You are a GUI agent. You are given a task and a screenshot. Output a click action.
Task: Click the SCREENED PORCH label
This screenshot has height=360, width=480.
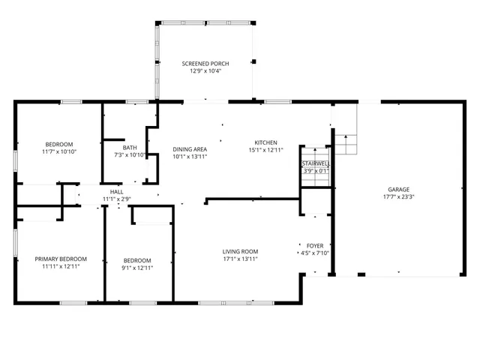pos(205,64)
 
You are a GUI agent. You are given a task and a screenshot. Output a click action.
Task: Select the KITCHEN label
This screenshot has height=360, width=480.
pos(265,142)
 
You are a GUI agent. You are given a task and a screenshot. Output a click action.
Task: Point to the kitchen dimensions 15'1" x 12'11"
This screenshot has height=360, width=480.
pos(265,150)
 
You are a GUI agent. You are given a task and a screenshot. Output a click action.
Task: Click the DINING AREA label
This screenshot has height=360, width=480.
pos(190,149)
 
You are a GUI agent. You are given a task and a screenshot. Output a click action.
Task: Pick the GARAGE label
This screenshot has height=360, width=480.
pos(398,190)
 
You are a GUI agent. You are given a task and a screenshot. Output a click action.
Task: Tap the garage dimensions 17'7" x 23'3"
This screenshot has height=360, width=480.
pos(398,198)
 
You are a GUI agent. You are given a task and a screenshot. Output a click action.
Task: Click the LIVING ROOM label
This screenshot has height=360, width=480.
pos(240,251)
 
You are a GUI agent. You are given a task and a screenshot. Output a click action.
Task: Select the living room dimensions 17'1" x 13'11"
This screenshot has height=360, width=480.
pos(240,259)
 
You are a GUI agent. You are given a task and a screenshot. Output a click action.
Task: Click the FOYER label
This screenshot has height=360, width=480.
pos(315,245)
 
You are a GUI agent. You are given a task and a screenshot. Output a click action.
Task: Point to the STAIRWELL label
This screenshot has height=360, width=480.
pos(315,163)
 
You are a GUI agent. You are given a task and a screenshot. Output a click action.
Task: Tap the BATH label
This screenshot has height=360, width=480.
pos(130,148)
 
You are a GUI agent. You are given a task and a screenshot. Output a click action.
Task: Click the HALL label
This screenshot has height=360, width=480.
pos(116,192)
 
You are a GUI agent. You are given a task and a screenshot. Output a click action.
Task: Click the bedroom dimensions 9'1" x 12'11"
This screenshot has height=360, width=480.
pos(137,268)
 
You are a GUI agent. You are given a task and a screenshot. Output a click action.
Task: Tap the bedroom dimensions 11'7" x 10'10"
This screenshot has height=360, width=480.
pos(59,152)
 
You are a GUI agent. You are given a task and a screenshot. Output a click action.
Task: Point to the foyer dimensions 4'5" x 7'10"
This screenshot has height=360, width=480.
pos(315,253)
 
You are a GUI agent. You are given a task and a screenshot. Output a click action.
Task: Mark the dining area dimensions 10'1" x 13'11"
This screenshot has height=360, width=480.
pos(190,157)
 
